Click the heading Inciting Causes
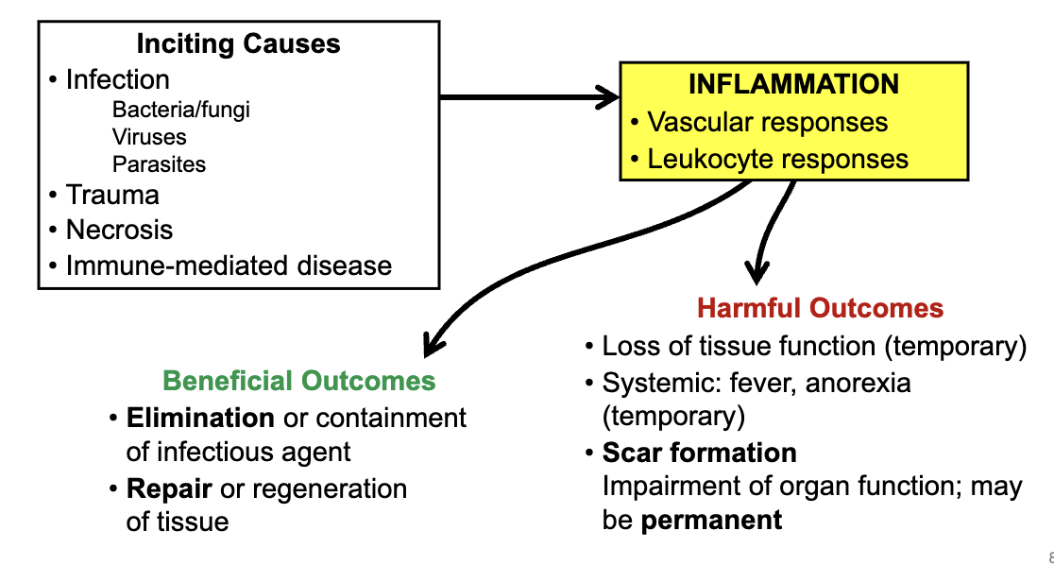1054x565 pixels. click(x=238, y=43)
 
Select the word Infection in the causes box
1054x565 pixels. click(x=117, y=79)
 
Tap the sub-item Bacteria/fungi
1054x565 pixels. click(x=180, y=110)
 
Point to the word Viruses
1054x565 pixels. click(x=149, y=137)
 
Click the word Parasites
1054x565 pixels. click(x=159, y=164)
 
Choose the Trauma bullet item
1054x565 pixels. click(x=111, y=196)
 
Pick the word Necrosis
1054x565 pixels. click(x=119, y=230)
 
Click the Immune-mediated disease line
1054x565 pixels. click(x=228, y=265)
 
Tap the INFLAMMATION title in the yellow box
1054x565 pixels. click(x=793, y=84)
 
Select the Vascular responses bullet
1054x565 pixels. click(x=767, y=123)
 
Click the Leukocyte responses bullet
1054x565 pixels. click(x=777, y=160)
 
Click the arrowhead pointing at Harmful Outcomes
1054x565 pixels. click(x=756, y=273)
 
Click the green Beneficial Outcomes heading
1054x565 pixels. click(x=299, y=381)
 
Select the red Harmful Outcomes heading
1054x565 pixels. click(x=820, y=308)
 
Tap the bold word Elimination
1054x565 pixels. click(x=200, y=417)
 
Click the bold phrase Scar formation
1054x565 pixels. click(x=699, y=453)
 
